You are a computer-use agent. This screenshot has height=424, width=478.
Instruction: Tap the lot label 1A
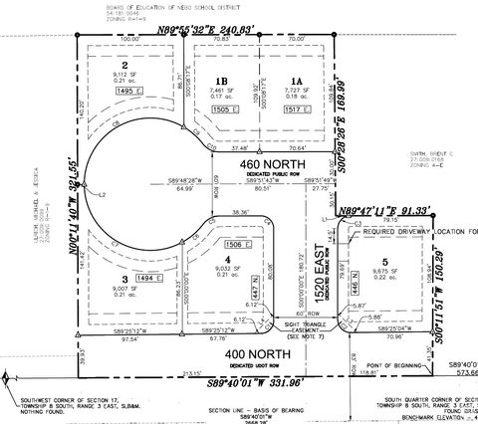pos(295,83)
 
